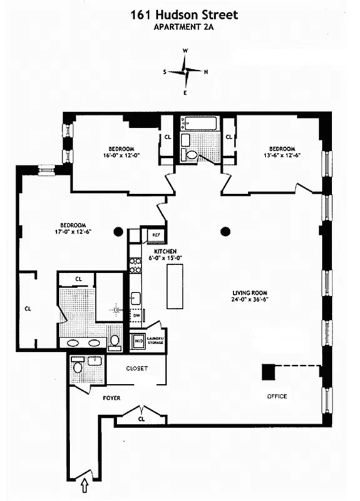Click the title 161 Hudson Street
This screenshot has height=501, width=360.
coord(180,14)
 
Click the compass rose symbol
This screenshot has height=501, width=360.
coord(185,71)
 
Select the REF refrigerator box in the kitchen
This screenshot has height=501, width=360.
coord(153,235)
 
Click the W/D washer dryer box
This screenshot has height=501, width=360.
coord(138,341)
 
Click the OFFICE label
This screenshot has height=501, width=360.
coord(277,396)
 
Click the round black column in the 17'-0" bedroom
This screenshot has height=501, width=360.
coord(118,232)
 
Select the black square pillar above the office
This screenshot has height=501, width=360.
coord(269,372)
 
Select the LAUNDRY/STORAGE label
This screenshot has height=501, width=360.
coord(157,340)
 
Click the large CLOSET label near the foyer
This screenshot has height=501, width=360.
coord(136,368)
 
